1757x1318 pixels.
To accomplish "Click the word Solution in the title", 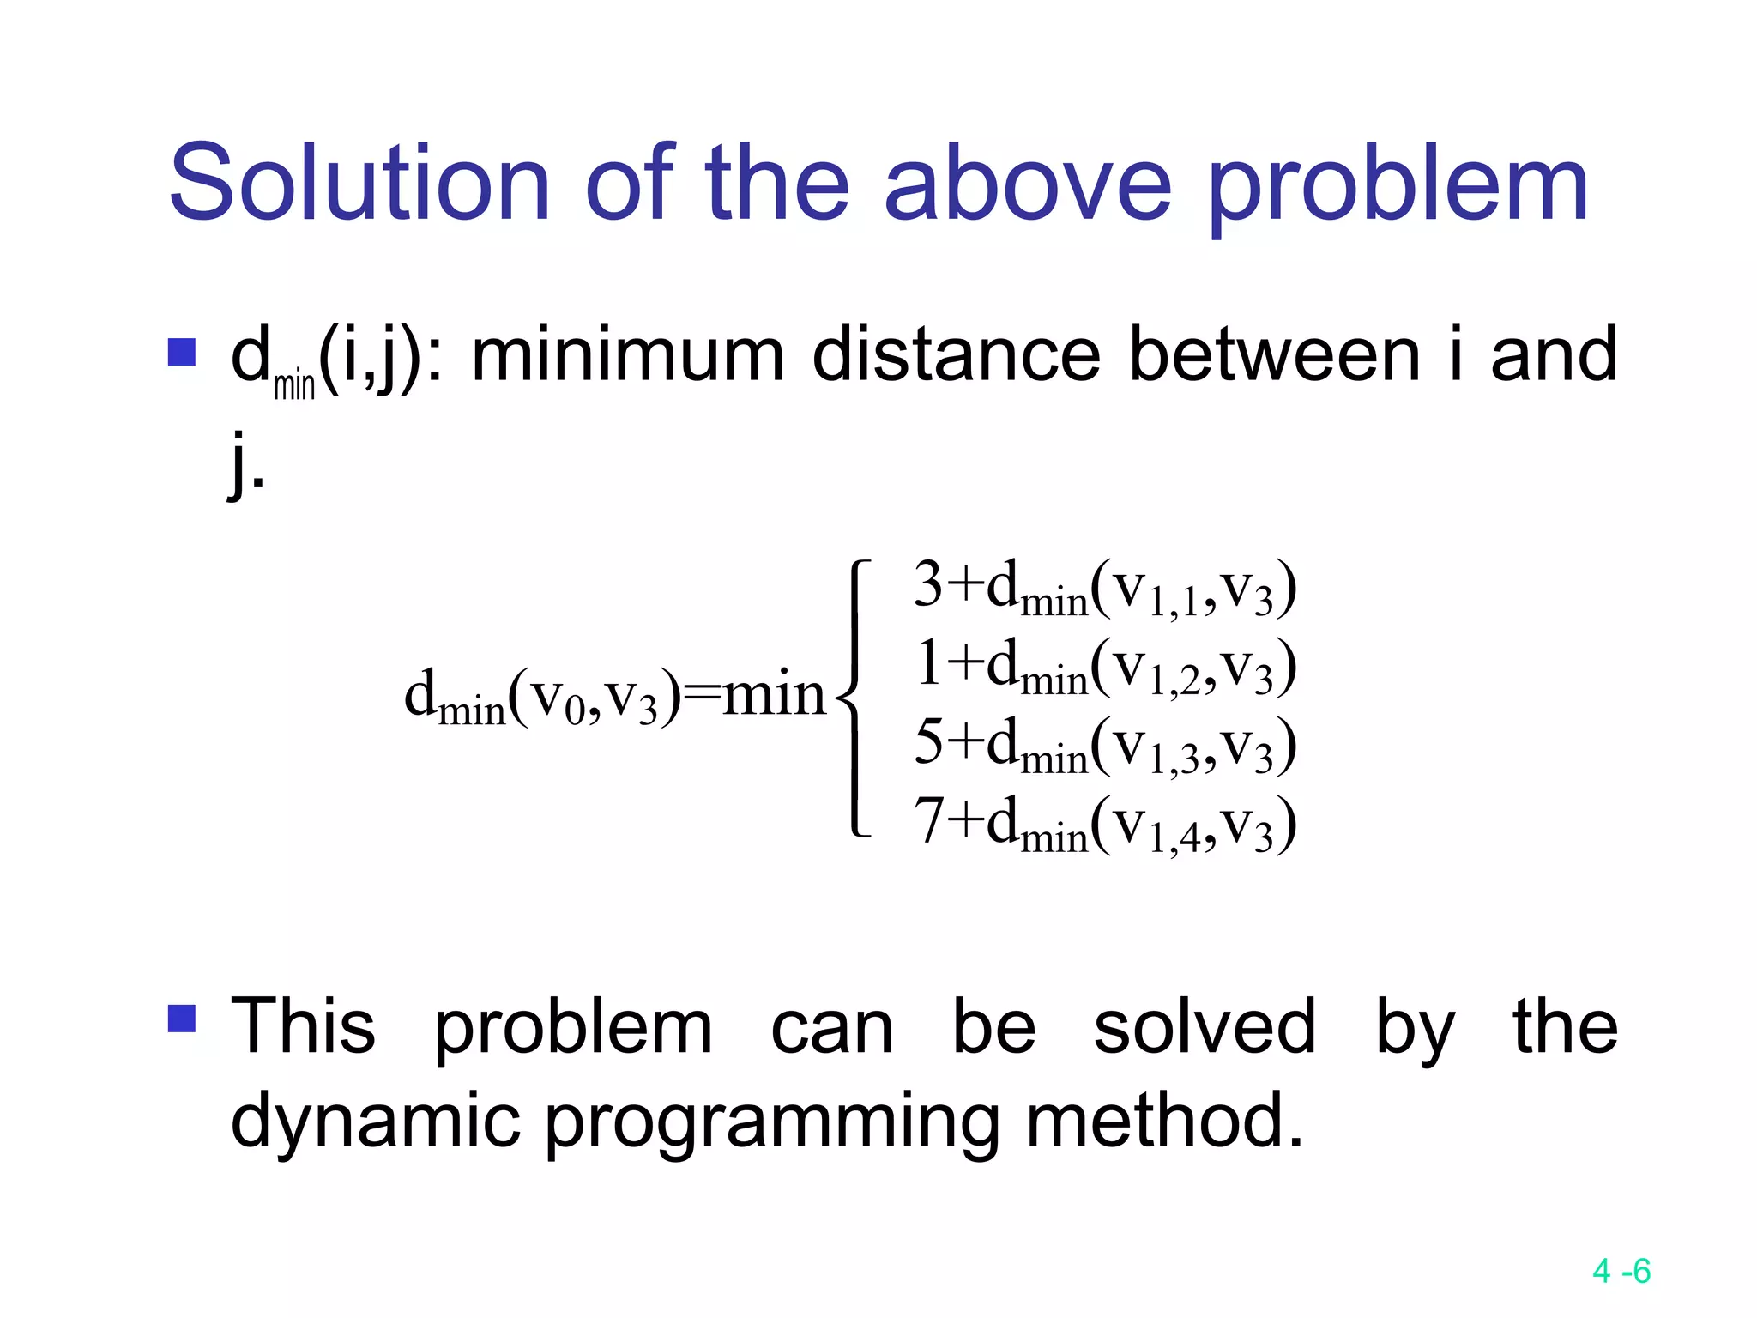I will tap(359, 183).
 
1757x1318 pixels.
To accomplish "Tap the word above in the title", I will tap(1027, 183).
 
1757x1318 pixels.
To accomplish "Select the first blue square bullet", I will tap(182, 353).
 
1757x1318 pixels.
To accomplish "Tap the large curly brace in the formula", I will tap(854, 697).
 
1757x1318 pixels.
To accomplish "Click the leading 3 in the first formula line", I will tap(928, 584).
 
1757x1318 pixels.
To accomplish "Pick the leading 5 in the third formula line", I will tap(928, 741).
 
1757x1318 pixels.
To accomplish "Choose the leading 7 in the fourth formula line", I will tap(928, 820).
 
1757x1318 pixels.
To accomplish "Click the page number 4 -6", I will tap(1621, 1271).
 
